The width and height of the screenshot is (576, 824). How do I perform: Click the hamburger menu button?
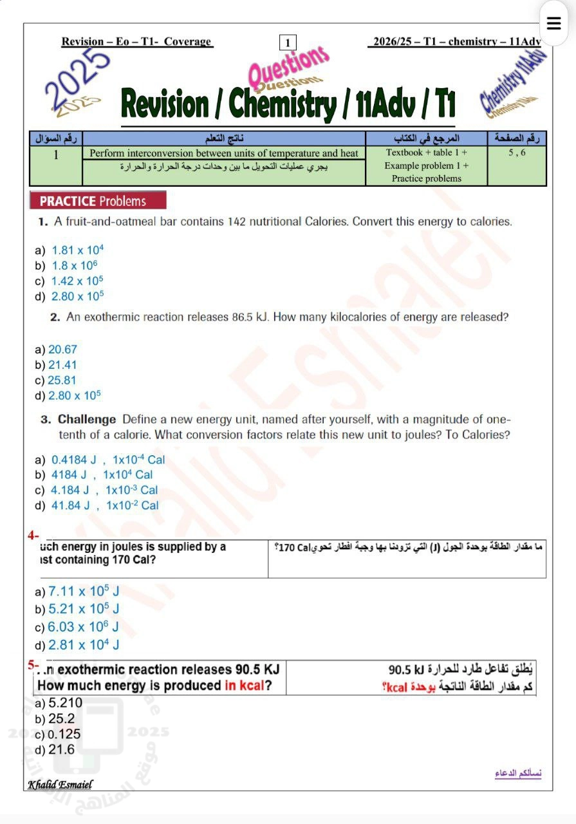553,24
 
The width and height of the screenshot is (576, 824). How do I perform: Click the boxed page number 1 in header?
288,42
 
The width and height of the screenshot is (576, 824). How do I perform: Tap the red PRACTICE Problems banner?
98,201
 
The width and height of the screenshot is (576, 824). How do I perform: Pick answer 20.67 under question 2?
62,350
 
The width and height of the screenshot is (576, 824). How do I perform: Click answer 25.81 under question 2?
62,380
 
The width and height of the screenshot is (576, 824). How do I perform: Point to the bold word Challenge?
87,420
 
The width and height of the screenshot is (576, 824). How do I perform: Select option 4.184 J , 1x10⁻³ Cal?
104,490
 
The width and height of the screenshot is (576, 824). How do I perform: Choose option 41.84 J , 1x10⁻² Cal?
105,505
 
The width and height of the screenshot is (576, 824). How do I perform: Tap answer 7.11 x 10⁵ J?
84,592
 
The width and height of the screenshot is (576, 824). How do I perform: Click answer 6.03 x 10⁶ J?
84,626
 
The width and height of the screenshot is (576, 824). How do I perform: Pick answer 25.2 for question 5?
62,718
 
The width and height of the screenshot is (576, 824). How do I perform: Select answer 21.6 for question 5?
62,749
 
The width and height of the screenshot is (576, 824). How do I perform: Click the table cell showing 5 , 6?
517,153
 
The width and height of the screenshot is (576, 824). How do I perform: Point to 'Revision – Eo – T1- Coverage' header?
136,42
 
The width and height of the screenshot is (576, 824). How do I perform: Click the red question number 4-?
33,534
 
